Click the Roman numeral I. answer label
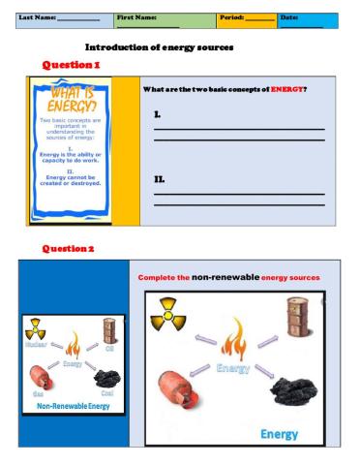pos(159,115)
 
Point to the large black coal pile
pos(295,389)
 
